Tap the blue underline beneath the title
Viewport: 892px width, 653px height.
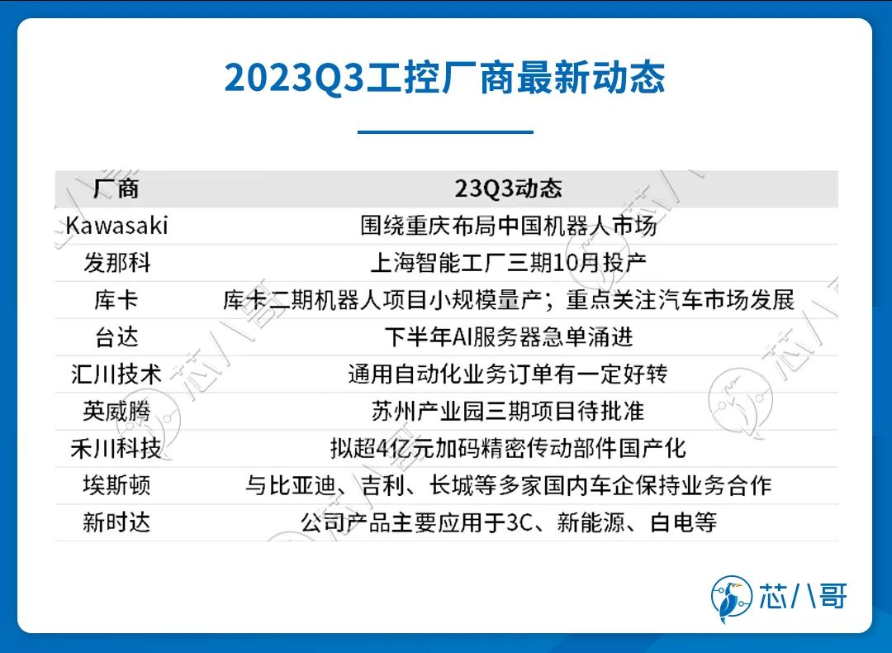tap(445, 132)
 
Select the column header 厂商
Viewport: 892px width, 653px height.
tap(116, 188)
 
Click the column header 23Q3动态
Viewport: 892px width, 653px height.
tap(508, 188)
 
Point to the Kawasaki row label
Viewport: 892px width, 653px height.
tap(116, 226)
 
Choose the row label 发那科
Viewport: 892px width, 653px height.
tap(116, 263)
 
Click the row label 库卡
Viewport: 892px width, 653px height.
tap(116, 299)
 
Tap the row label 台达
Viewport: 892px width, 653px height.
tap(116, 337)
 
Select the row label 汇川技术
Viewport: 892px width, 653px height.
tap(116, 374)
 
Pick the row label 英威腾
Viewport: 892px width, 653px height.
tap(116, 411)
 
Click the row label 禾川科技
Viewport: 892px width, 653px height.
tap(116, 448)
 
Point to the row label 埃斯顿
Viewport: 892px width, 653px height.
tap(116, 485)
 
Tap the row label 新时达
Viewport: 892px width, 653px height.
tap(116, 522)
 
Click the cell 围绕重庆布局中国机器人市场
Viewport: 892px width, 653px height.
tap(509, 226)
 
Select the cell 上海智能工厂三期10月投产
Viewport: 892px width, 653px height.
tap(509, 263)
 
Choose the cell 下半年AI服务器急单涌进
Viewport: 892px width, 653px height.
tap(509, 337)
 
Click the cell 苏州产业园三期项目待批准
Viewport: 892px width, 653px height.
tap(508, 411)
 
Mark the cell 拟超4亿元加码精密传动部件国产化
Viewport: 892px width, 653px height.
tap(509, 448)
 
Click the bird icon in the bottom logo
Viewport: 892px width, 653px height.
tap(732, 598)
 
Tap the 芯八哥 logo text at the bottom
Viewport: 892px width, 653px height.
tap(804, 596)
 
